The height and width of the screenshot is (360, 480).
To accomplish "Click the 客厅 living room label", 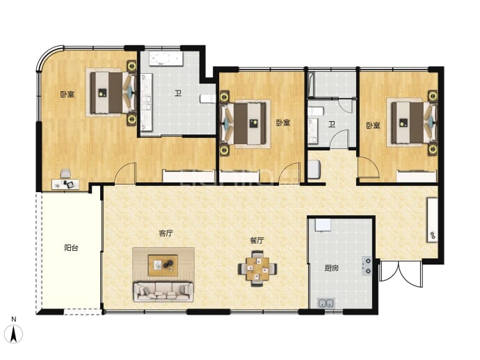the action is coord(166,233).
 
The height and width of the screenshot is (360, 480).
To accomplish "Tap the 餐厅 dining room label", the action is coord(257,240).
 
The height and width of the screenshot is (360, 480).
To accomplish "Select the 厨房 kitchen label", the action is coord(332,268).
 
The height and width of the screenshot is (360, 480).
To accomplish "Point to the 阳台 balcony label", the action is coord(72,248).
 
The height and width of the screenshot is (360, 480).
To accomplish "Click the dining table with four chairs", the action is coord(258,268).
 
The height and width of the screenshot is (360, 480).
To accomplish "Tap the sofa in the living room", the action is coord(163,292).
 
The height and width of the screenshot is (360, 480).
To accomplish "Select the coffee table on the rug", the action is coord(163,265).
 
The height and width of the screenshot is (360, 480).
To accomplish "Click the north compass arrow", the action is coord(13,334).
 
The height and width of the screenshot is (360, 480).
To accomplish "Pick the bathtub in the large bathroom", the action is coord(166,58).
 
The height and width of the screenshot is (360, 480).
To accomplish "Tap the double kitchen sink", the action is coord(326,303).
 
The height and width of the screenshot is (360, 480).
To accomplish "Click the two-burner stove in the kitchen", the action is coord(367,266).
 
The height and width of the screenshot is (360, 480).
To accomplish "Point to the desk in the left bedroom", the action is coord(65,185).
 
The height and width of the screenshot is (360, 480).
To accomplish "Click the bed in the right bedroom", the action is coord(411,123).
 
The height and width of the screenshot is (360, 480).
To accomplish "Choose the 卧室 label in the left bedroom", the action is coord(67,94).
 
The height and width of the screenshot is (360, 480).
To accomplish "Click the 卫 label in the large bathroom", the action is coord(178,93).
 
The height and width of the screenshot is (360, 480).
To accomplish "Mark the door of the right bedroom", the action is coord(369,167).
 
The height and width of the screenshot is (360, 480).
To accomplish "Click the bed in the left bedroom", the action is coord(111,93).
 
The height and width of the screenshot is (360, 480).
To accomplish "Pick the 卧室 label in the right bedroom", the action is coord(373,125).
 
